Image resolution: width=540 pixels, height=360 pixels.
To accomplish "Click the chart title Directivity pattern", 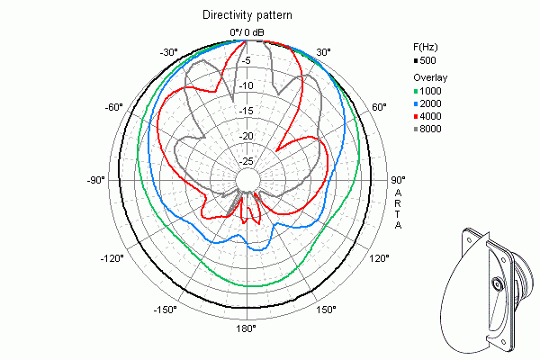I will [246, 15].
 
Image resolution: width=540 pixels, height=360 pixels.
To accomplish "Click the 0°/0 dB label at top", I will [247, 33].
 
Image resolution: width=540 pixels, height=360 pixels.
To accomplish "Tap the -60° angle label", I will [113, 107].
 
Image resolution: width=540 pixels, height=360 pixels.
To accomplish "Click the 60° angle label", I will [379, 107].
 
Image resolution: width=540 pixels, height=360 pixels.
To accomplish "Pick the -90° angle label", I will [96, 180].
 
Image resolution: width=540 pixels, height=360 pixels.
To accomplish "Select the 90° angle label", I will [398, 179].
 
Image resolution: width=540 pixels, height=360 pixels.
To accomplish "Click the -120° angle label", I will [113, 258].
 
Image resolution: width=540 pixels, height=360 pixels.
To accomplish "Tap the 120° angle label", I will [380, 258].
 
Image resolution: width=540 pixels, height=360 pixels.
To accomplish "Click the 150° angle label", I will [326, 310].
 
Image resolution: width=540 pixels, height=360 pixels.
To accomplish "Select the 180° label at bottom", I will [247, 328].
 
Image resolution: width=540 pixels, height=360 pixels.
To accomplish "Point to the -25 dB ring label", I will [245, 161].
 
